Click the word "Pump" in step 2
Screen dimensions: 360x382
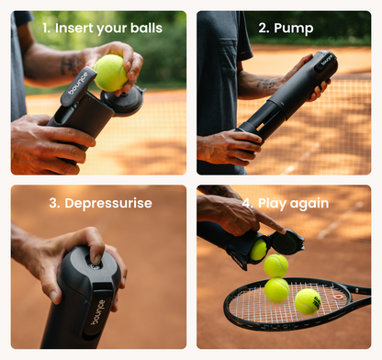point(292,28)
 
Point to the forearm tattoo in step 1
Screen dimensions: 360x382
point(73,64)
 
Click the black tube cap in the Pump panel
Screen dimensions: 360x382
point(323,65)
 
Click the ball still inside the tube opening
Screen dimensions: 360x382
point(259,249)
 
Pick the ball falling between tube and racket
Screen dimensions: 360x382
point(275,265)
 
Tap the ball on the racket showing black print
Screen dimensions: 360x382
point(307,301)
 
